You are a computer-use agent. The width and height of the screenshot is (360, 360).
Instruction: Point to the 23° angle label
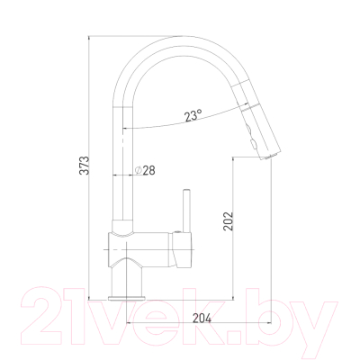click(x=193, y=115)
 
